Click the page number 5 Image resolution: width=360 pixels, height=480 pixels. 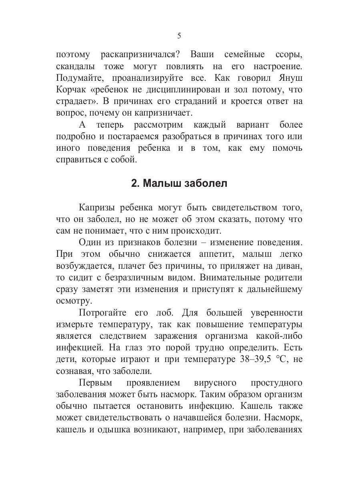click(179, 36)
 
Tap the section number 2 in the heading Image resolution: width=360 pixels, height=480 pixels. click(134, 184)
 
